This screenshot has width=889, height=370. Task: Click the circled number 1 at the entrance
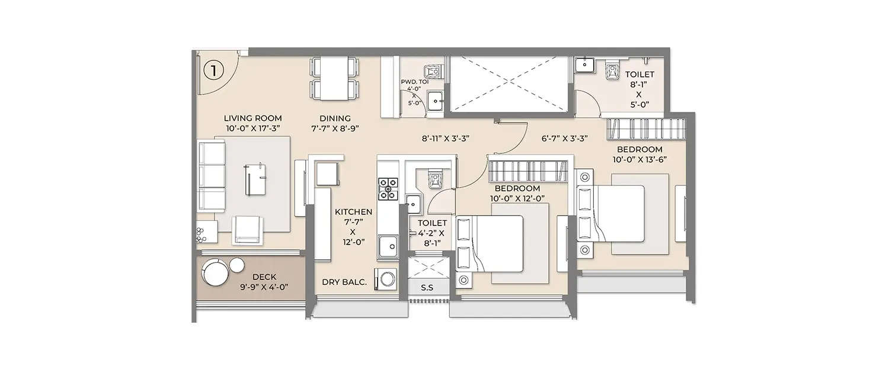point(213,71)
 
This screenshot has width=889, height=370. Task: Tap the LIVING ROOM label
point(252,118)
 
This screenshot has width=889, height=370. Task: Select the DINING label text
point(335,118)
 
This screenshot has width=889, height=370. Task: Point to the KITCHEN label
point(353,211)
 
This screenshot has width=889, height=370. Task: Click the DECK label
point(264,276)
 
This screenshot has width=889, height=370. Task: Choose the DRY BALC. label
point(344,282)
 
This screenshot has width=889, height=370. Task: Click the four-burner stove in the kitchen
point(388,188)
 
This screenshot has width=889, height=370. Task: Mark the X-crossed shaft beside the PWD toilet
point(508,83)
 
